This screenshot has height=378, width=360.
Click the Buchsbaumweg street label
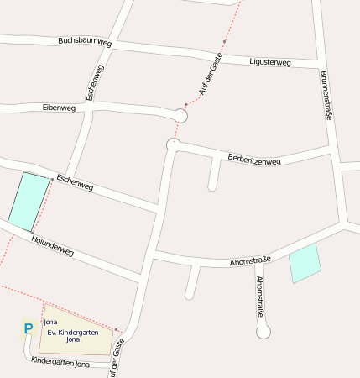pos(85,41)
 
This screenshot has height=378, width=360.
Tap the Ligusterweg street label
pos(270,62)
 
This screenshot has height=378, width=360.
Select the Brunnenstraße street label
pos(326,96)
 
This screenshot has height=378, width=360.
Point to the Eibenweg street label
pos(59,108)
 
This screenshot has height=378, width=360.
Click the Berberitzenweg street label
pos(254,160)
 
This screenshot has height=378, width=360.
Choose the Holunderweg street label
pos(52,246)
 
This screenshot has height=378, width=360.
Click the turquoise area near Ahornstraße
pos(305,264)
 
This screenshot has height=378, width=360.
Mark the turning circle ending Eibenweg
pos(180,116)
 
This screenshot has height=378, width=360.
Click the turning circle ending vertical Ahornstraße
pos(263,332)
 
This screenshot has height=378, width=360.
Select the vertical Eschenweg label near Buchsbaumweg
pos(94,83)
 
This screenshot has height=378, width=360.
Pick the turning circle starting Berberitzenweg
pos(173,145)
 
